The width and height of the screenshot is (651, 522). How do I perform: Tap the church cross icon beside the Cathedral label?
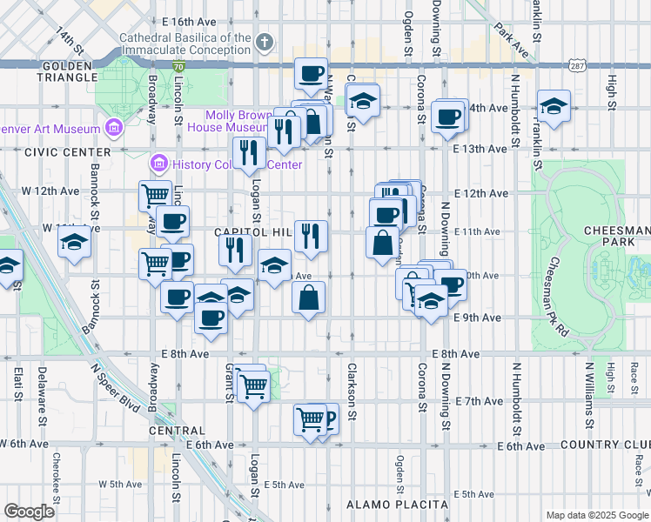(x=266, y=41)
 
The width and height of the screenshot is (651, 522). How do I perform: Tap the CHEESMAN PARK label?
(x=619, y=237)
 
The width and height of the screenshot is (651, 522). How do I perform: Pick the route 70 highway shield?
(x=178, y=66)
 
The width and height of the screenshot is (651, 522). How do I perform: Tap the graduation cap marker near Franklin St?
(x=554, y=108)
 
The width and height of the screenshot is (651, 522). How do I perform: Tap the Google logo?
(x=30, y=512)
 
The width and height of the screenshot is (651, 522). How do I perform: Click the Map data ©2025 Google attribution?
(x=595, y=515)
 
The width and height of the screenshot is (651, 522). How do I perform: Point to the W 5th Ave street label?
(x=120, y=484)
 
